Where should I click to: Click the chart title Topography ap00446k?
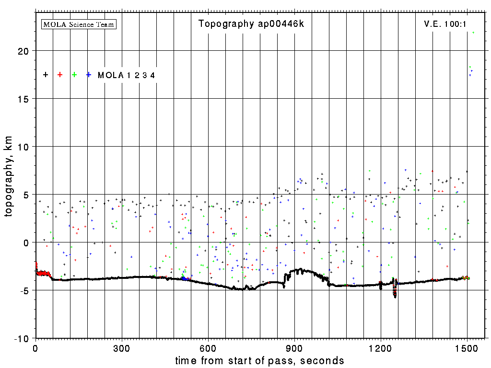(251, 24)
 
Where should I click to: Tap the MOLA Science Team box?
(79, 24)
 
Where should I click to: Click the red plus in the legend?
(60, 75)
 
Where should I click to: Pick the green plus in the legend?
(74, 75)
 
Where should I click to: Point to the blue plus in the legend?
(89, 75)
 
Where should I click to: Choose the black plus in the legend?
(46, 75)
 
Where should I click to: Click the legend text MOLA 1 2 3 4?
(126, 75)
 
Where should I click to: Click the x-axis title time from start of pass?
(259, 360)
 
